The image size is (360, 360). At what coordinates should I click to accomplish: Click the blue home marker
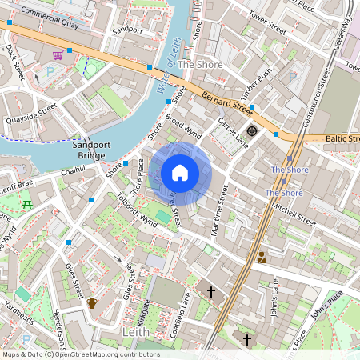click(x=180, y=173)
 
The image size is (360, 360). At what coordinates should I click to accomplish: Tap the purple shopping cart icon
click(x=58, y=55)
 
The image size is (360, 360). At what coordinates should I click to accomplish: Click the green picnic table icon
click(x=29, y=204)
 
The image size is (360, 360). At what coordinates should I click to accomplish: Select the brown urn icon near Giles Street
click(x=92, y=302)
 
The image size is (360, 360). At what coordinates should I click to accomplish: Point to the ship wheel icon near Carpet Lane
click(x=252, y=130)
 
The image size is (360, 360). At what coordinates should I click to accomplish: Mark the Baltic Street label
click(x=342, y=138)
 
